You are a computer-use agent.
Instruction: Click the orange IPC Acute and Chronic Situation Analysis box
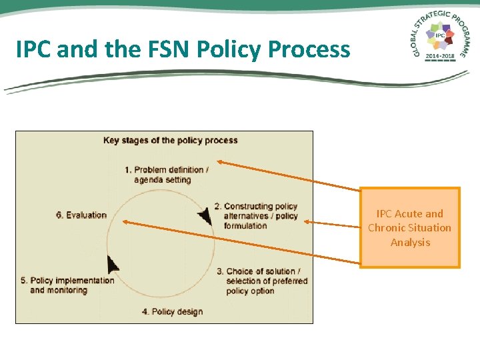(x=410, y=228)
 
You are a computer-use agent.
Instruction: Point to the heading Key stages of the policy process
(x=171, y=140)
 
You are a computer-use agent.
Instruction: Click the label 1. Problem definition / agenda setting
(x=166, y=175)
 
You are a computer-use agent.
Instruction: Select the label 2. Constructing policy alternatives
(x=259, y=216)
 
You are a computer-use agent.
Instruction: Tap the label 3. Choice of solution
(x=262, y=281)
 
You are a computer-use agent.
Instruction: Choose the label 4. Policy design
(x=172, y=311)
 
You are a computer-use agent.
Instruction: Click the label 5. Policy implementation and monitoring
(x=67, y=285)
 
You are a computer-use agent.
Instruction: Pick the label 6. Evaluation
(x=81, y=215)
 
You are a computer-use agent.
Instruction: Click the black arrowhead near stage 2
(x=205, y=215)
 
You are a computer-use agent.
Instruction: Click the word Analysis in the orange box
(x=410, y=242)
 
